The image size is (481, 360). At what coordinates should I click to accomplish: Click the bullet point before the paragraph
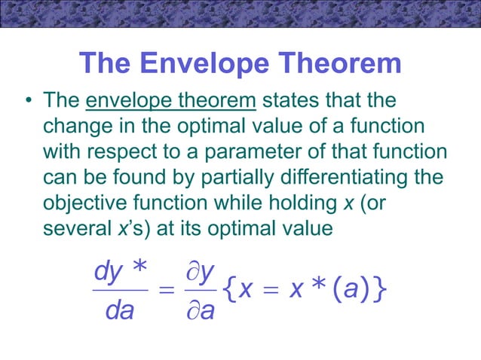tap(26, 101)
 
